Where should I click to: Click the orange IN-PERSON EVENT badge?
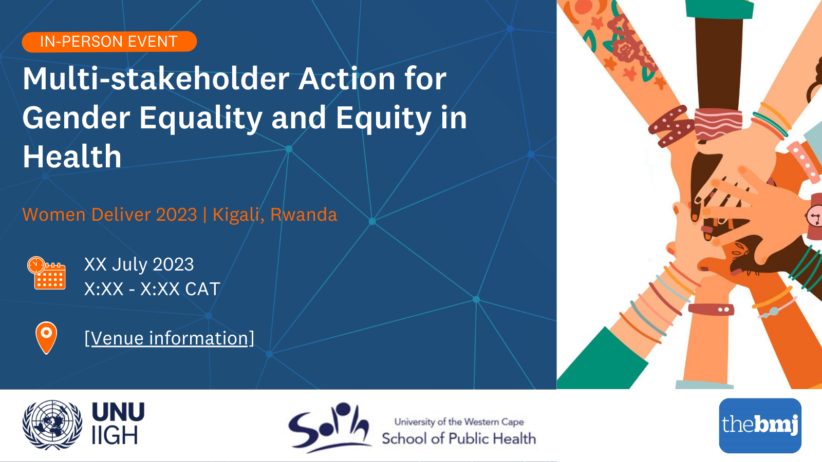click(x=109, y=42)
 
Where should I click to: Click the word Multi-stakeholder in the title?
click(x=156, y=79)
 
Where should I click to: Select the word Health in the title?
click(x=72, y=157)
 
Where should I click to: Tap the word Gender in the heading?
click(x=77, y=118)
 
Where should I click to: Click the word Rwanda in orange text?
click(x=304, y=215)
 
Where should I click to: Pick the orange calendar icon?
click(x=46, y=273)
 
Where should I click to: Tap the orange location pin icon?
click(x=46, y=338)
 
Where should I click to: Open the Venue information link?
click(x=169, y=338)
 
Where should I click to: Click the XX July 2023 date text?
click(x=139, y=264)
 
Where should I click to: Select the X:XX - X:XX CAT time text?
click(x=152, y=289)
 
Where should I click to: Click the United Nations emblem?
click(x=52, y=425)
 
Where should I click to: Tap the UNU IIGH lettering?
click(x=118, y=423)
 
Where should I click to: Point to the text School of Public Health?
click(x=459, y=438)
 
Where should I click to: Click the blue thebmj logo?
click(x=760, y=426)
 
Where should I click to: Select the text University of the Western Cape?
click(x=459, y=422)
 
